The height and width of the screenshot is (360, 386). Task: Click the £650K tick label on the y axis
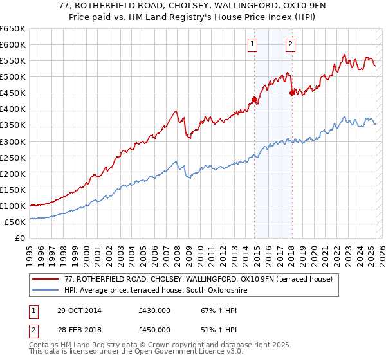pos(13,29)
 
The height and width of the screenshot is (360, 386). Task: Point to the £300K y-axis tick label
pos(13,141)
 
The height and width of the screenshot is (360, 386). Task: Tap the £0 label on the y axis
pos(21,239)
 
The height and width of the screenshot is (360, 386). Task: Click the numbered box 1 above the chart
pos(252,44)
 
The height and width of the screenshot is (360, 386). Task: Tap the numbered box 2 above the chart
pos(291,44)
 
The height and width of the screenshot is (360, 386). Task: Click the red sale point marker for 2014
pos(254,99)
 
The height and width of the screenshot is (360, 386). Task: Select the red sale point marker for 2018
pos(292,93)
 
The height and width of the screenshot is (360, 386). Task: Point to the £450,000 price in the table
pos(154,330)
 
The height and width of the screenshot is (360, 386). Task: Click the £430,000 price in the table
pos(154,310)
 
